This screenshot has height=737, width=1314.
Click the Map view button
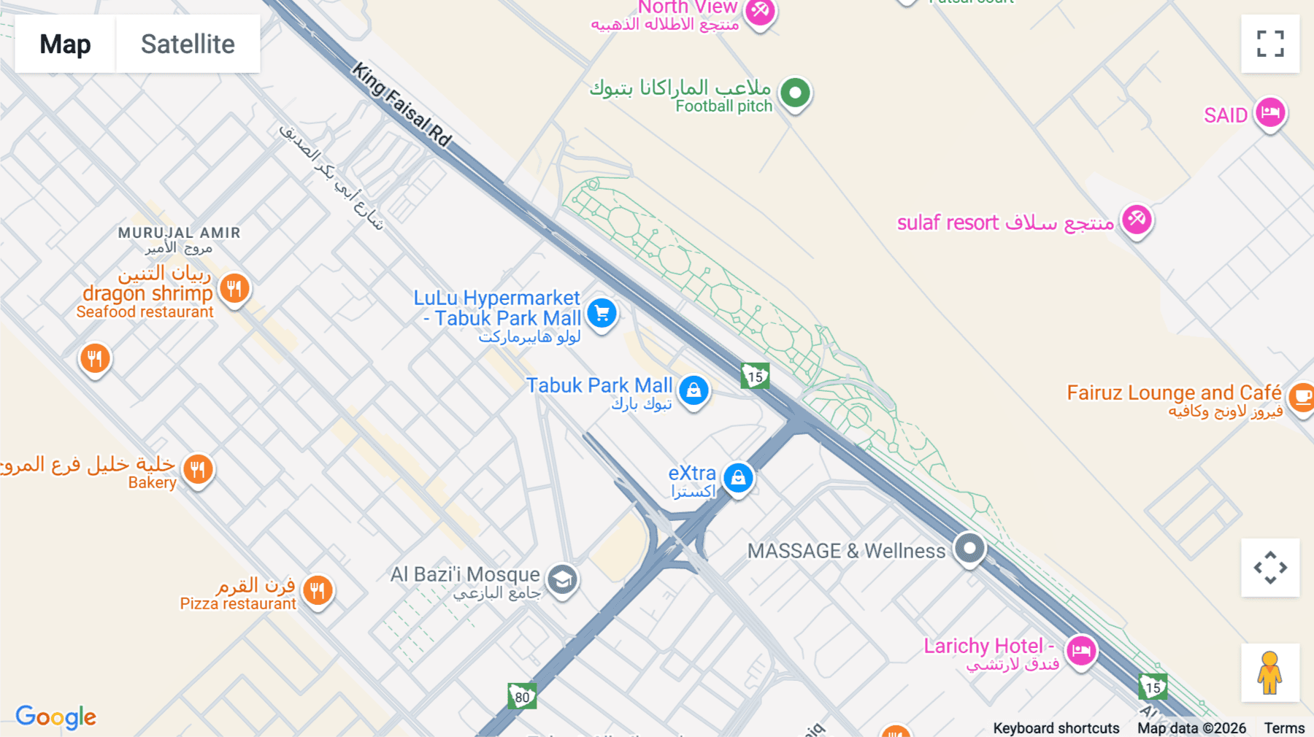pos(65,44)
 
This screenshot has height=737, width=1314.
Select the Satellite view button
pos(188,44)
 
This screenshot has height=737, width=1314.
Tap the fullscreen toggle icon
pos(1270,44)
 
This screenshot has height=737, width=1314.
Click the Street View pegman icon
pos(1270,672)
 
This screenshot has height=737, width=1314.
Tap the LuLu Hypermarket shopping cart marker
pos(602,314)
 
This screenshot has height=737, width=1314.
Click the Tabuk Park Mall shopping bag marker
pos(693,390)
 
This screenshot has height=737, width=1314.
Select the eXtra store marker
pos(738,478)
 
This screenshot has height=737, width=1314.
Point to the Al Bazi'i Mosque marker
pos(562,580)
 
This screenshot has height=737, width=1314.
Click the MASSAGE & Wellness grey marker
pos(969,548)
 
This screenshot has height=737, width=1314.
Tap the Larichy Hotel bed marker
pos(1081,649)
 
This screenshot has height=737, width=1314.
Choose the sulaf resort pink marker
pos(1137,219)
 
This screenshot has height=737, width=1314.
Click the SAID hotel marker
pos(1270,113)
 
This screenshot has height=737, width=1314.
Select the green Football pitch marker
pos(795,93)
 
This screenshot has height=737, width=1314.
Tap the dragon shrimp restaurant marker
pos(234,289)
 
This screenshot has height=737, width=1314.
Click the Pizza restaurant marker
pos(318,590)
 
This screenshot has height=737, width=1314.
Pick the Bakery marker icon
pos(198,468)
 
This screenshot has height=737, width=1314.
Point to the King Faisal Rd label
pos(402,104)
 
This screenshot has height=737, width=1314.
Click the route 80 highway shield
pos(522,696)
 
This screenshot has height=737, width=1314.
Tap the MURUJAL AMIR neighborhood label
pos(179,233)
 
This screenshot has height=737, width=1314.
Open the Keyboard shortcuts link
pos(1056,728)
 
